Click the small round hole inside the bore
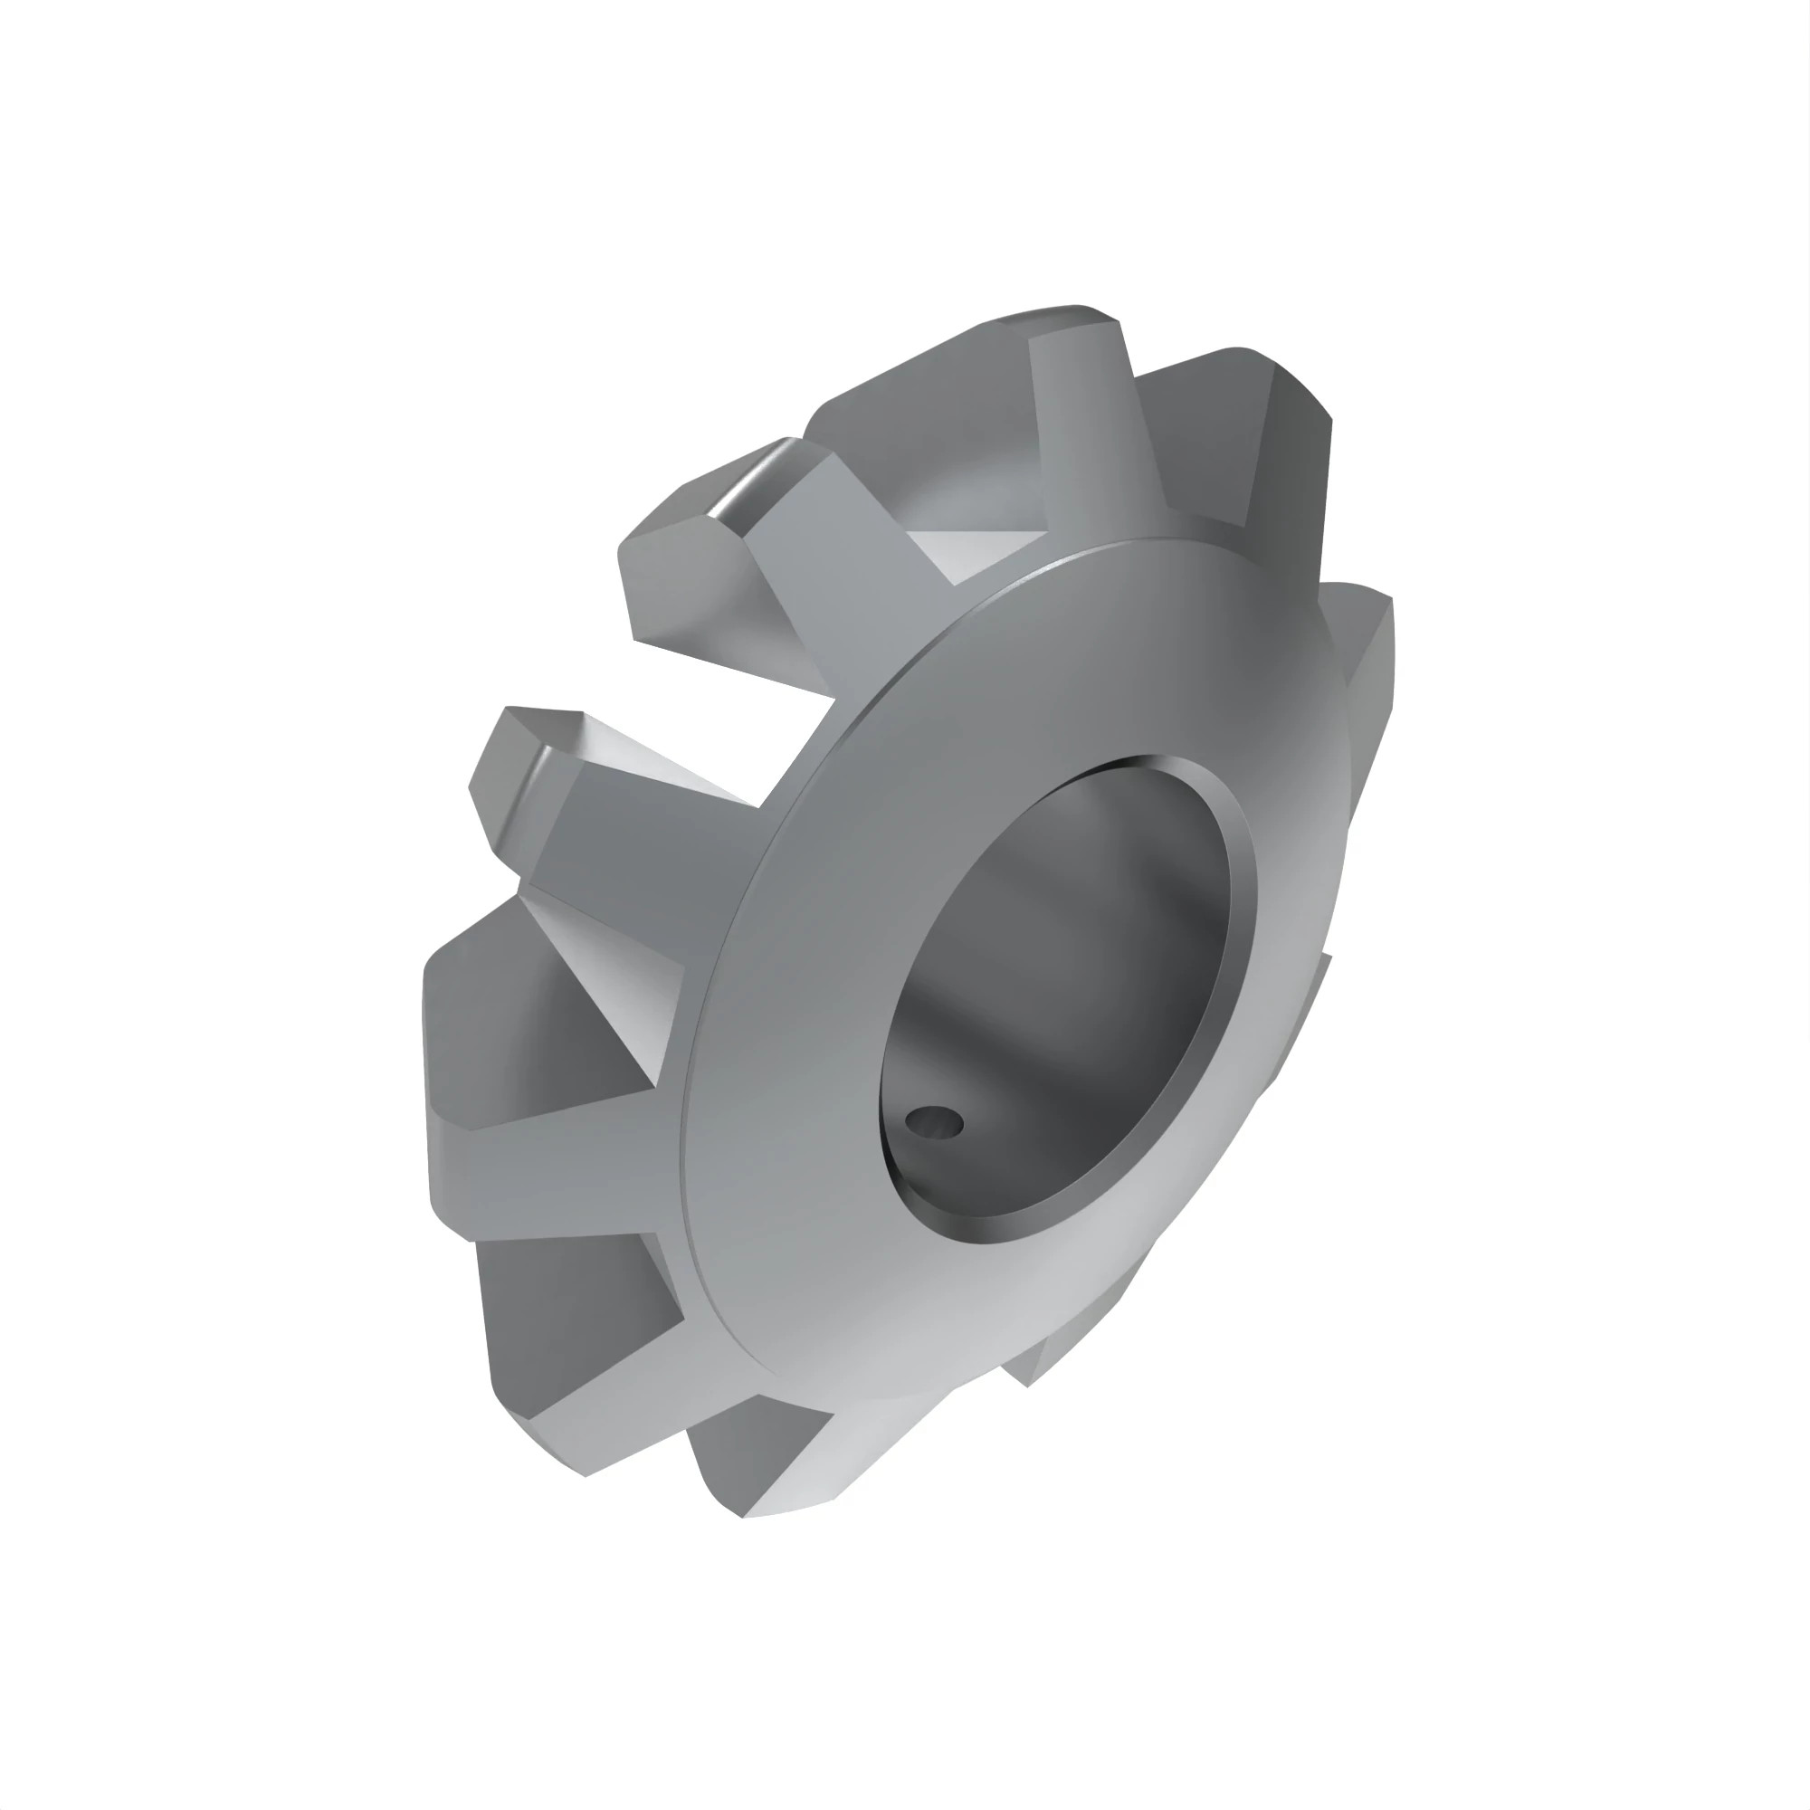tap(935, 1120)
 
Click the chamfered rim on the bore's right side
tap(1243, 900)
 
